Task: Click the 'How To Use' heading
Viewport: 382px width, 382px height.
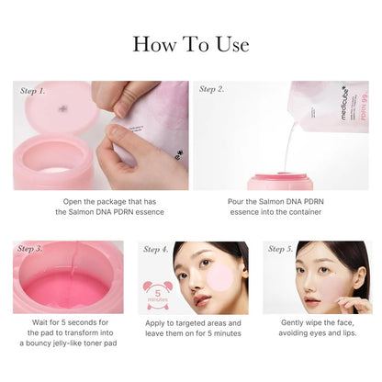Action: point(191,44)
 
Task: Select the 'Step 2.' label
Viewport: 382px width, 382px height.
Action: point(212,90)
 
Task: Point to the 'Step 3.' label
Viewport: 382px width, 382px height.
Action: point(30,249)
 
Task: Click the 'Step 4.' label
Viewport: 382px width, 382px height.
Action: point(156,249)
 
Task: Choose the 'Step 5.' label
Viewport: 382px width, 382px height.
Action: point(281,249)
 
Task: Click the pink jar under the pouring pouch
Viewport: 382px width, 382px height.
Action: point(280,180)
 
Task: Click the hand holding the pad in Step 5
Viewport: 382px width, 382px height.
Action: point(354,303)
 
